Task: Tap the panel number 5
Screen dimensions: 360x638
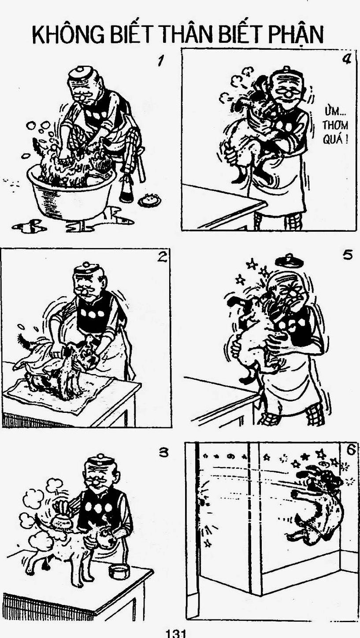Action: [348, 255]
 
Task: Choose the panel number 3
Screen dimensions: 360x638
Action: [163, 453]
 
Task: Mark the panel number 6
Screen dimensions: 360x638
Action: [351, 450]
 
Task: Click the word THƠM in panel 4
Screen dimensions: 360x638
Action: [335, 125]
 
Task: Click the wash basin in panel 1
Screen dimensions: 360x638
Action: [71, 194]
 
